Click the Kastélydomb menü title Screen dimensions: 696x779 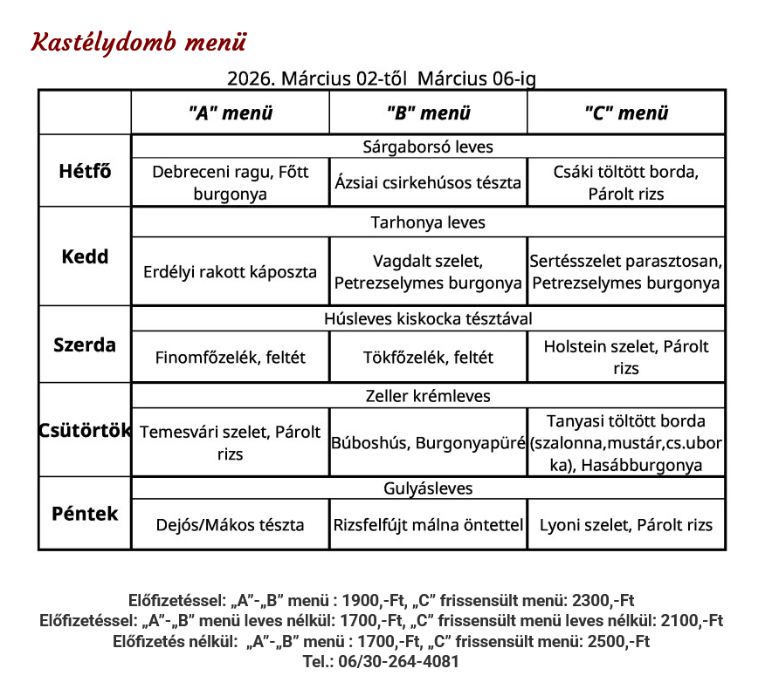(x=139, y=42)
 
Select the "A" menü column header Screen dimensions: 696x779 (x=231, y=113)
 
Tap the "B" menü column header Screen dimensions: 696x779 (x=428, y=113)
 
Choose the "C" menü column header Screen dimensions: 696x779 (x=626, y=113)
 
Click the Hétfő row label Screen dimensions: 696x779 (x=85, y=170)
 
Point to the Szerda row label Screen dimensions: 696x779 (x=85, y=345)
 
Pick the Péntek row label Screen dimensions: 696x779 (x=85, y=513)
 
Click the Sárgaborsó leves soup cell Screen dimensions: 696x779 (x=428, y=147)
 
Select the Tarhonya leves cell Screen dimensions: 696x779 (x=428, y=222)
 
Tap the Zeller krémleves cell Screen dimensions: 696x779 (x=428, y=396)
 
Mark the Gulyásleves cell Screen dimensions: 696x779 (x=428, y=488)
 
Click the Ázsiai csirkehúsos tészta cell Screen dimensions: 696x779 (x=428, y=183)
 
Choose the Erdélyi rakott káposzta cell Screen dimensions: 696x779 (x=231, y=271)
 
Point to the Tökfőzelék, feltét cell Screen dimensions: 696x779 (x=428, y=357)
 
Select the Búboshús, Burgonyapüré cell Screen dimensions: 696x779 (x=428, y=443)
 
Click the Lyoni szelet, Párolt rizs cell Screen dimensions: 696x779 (x=626, y=525)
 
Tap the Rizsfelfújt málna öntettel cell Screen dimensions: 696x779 (x=428, y=525)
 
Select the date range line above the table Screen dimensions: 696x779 (x=382, y=78)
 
